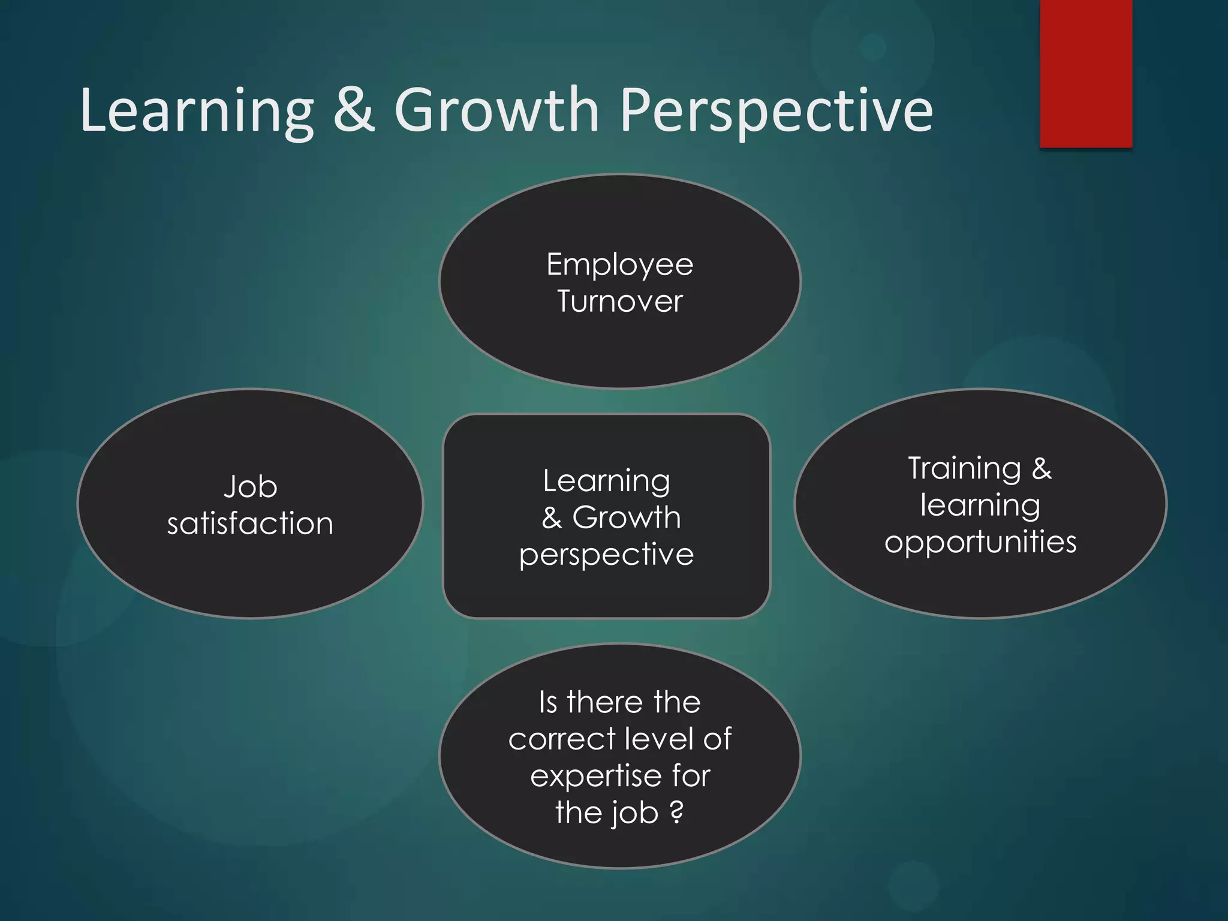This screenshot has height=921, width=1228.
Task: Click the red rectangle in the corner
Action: [1086, 73]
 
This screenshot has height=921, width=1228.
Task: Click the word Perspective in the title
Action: [776, 111]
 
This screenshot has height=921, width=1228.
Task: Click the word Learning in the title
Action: [197, 111]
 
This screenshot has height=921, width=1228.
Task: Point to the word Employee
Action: [619, 265]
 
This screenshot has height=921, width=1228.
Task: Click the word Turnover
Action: [619, 301]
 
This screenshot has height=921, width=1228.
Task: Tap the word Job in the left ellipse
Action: [250, 486]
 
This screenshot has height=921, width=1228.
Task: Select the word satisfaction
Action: [250, 523]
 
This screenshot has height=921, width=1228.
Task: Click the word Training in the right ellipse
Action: [964, 468]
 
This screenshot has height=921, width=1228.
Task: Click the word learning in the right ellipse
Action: [980, 505]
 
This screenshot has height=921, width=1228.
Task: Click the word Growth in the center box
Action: [627, 517]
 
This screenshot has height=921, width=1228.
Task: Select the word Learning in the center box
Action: [606, 481]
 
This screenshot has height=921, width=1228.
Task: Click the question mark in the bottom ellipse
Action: [676, 812]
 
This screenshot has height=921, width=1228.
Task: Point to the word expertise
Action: [594, 776]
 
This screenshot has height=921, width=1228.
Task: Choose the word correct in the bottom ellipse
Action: [562, 739]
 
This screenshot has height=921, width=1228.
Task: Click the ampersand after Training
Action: [1042, 468]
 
